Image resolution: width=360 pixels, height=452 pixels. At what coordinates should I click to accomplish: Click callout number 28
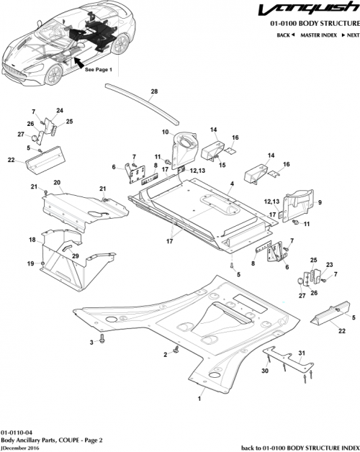(153, 92)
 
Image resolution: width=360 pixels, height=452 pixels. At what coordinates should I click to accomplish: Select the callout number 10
(165, 132)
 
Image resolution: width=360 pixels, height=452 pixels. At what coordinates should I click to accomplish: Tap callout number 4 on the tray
(232, 185)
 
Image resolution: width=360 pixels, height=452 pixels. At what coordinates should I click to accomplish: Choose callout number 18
(32, 240)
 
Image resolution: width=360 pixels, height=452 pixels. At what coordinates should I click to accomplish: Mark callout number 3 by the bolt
(91, 344)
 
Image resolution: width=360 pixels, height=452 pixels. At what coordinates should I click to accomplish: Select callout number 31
(302, 352)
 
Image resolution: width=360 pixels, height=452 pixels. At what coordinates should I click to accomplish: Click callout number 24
(60, 110)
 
